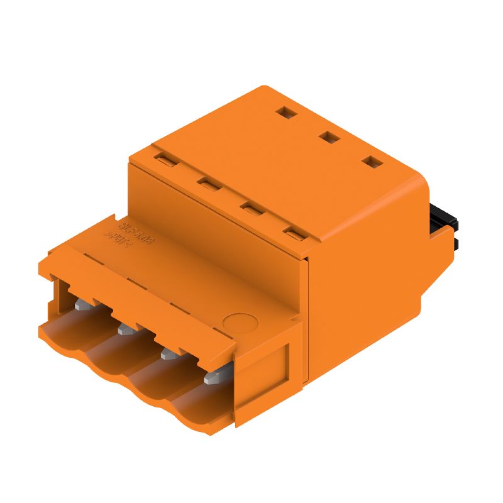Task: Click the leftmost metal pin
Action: coord(80,305)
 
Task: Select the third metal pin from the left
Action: coord(168,354)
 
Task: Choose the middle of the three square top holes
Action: coord(327,136)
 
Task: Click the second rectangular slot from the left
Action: coord(207,183)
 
